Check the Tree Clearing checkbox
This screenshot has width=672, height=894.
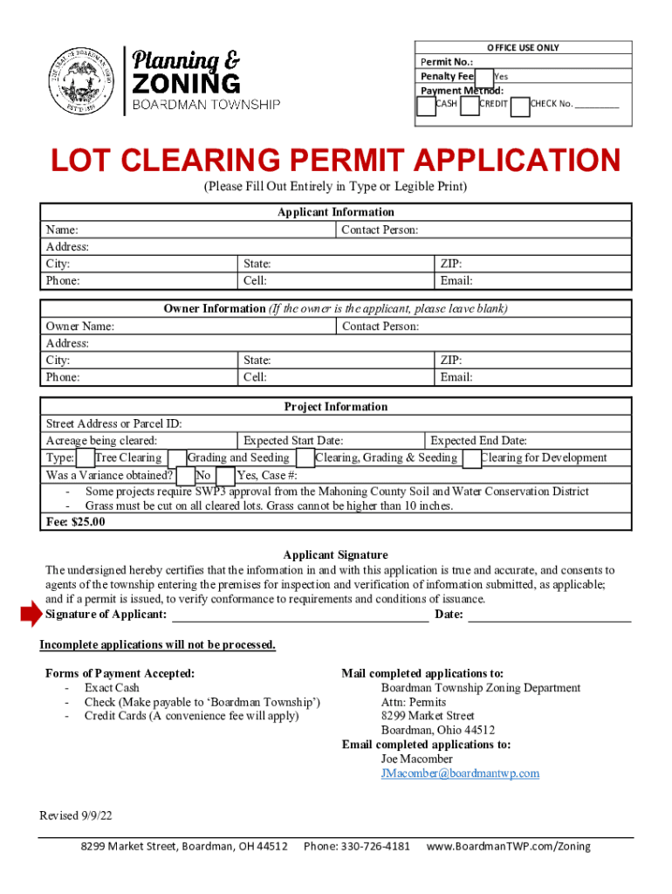[x=86, y=458]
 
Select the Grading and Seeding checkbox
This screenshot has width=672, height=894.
[x=177, y=458]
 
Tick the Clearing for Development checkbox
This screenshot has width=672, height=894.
[x=471, y=458]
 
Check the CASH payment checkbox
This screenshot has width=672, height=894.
[x=426, y=106]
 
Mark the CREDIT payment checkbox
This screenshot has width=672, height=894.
[x=470, y=106]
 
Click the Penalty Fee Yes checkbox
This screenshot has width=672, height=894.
[x=484, y=77]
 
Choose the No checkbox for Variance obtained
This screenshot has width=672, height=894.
[x=186, y=476]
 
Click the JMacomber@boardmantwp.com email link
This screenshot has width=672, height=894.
[x=460, y=774]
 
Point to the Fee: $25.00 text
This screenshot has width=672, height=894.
[x=75, y=522]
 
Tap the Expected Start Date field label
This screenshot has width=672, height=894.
[x=293, y=441]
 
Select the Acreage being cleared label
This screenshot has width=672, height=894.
[x=101, y=441]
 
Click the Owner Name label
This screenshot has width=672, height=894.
[x=79, y=327]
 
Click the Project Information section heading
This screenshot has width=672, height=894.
[x=336, y=407]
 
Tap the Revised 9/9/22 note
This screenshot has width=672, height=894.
[x=76, y=815]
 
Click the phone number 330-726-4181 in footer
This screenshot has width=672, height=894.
[x=357, y=847]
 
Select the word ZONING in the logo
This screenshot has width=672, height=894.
[x=185, y=84]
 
